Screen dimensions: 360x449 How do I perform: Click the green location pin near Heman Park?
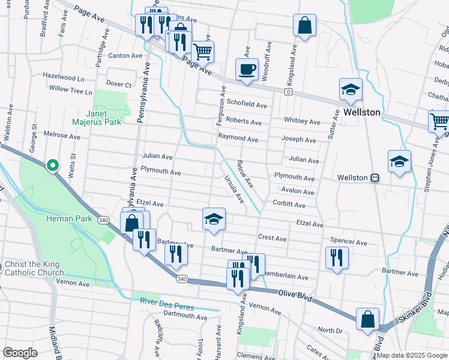pyautogui.click(x=52, y=164)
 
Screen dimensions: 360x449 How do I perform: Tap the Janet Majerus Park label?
pyautogui.click(x=97, y=118)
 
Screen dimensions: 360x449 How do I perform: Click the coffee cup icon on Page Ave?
pyautogui.click(x=247, y=68)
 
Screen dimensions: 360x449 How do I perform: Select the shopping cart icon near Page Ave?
pyautogui.click(x=203, y=52)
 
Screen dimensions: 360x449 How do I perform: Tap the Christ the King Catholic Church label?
pyautogui.click(x=34, y=268)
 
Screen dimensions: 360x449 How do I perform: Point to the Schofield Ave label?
pyautogui.click(x=246, y=104)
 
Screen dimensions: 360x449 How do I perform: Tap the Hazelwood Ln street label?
pyautogui.click(x=63, y=77)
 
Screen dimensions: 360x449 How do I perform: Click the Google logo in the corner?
pyautogui.click(x=20, y=353)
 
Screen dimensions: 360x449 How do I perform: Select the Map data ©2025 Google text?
pyautogui.click(x=411, y=355)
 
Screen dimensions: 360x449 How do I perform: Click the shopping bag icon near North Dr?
pyautogui.click(x=367, y=319)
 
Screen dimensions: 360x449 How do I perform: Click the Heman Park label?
pyautogui.click(x=70, y=218)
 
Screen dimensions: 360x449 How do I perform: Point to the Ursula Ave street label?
pyautogui.click(x=234, y=188)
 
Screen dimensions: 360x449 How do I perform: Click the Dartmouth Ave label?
pyautogui.click(x=185, y=316)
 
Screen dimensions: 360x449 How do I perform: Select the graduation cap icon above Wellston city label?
pyautogui.click(x=351, y=89)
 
